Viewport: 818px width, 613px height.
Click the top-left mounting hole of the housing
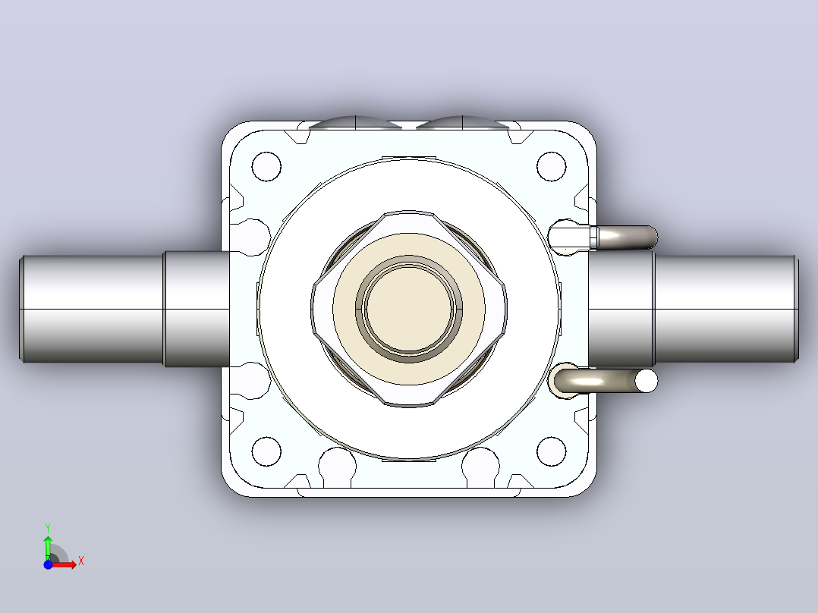click(266, 166)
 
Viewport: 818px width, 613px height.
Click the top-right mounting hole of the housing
click(552, 166)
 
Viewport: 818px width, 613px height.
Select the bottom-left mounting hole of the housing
click(266, 451)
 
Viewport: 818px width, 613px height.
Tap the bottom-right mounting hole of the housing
click(552, 451)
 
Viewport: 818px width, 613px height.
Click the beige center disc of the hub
click(409, 308)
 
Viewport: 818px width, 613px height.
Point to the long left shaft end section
click(92, 309)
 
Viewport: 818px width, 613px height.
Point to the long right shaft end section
click(726, 309)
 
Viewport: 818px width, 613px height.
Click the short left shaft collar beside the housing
click(197, 309)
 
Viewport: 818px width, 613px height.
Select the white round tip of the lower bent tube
click(646, 381)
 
